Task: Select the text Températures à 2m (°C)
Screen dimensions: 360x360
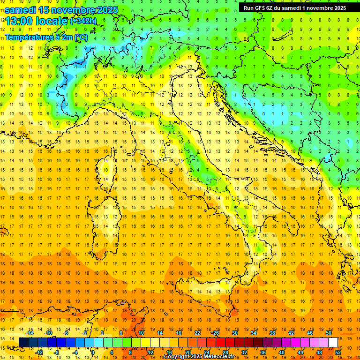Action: click(x=45, y=37)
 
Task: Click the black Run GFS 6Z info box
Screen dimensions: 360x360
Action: click(x=295, y=7)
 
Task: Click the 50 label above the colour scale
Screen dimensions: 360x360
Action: click(x=328, y=332)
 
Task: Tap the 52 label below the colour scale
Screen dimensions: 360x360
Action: click(x=337, y=352)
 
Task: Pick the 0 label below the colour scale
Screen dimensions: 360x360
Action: click(x=92, y=352)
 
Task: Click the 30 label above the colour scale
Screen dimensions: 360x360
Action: click(x=234, y=332)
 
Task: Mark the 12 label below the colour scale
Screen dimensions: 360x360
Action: click(x=150, y=352)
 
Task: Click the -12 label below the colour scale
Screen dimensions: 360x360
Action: click(x=39, y=352)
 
